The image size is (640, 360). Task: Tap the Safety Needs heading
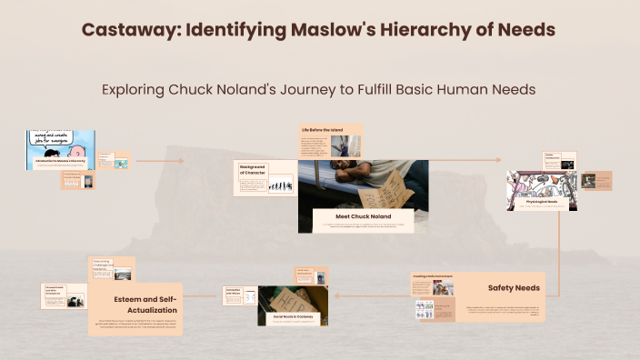pyautogui.click(x=514, y=288)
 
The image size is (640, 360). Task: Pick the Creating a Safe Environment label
pyautogui.click(x=432, y=276)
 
